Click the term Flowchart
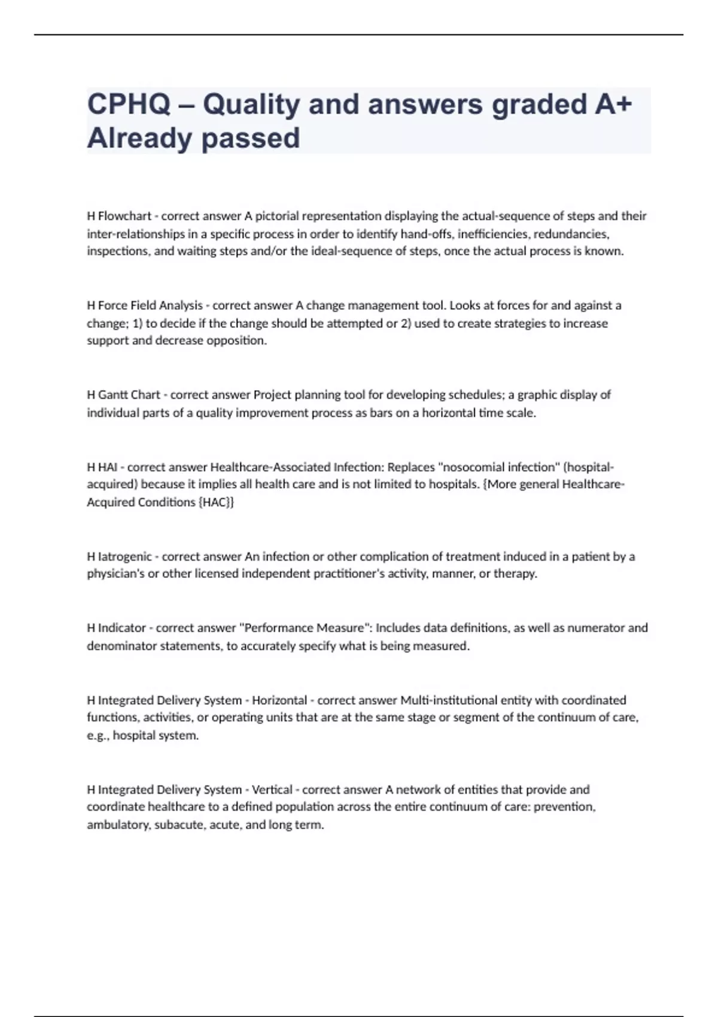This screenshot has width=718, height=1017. point(124,216)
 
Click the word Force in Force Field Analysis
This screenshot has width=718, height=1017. point(112,306)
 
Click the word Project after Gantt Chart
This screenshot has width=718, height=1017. point(273,395)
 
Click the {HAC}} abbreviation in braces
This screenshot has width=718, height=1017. point(216,503)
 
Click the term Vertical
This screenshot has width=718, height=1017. point(272,790)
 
